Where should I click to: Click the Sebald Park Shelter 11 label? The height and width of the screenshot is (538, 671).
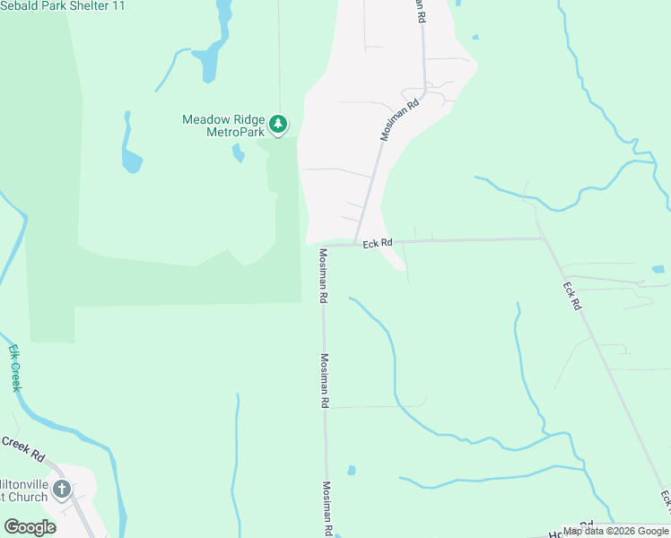point(63,6)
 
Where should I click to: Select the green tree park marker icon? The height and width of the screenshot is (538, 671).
point(279,124)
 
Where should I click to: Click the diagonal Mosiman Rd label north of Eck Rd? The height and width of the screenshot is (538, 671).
point(400,119)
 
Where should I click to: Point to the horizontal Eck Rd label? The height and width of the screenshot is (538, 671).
point(378,243)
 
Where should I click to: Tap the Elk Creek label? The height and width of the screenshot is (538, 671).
point(14,368)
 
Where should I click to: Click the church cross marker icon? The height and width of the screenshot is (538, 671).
point(61,489)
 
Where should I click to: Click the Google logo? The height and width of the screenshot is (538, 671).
point(30,526)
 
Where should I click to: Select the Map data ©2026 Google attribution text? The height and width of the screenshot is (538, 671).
point(615,531)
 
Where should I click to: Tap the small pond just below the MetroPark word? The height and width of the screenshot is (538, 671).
point(238,153)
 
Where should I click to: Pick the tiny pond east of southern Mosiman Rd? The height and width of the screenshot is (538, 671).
point(351,470)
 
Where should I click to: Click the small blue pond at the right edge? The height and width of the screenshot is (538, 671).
point(658,268)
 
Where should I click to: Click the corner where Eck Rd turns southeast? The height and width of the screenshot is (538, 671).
point(542,239)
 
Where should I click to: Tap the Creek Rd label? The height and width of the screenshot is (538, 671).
point(22,448)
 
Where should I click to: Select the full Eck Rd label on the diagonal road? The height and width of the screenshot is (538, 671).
point(572,297)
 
